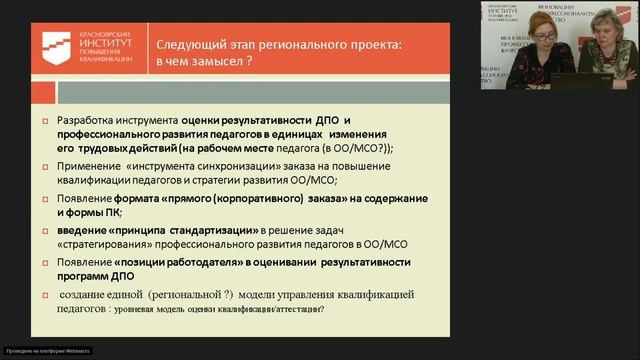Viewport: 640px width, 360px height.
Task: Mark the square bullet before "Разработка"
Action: point(45,121)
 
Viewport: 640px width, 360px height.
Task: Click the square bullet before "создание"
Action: point(45,294)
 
